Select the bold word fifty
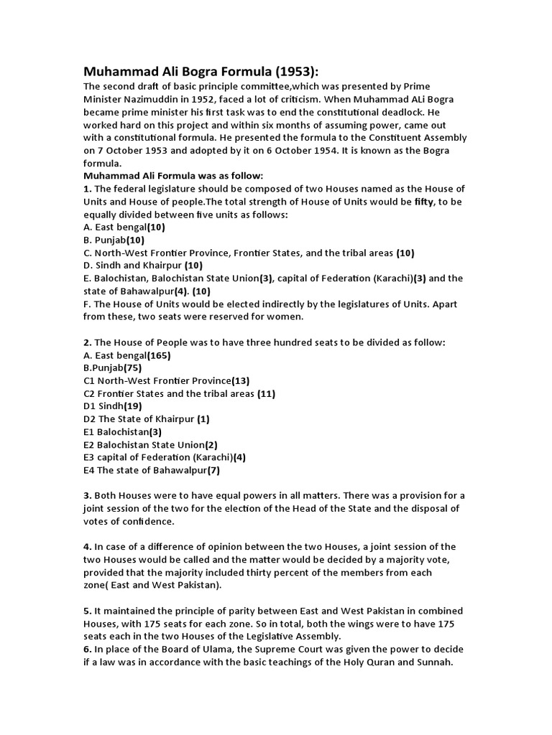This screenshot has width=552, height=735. [x=425, y=202]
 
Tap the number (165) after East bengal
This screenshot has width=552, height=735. [x=159, y=355]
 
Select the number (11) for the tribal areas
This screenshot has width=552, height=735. [x=265, y=394]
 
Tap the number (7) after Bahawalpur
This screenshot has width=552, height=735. [x=213, y=471]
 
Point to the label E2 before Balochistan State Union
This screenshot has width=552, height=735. [x=90, y=445]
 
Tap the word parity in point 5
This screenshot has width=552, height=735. [x=216, y=611]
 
